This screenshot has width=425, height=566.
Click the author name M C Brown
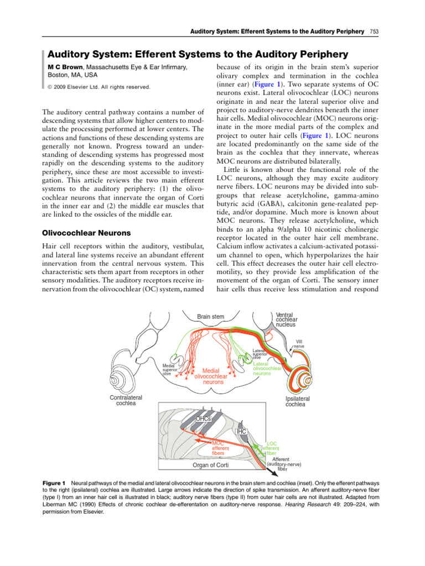(x=63, y=67)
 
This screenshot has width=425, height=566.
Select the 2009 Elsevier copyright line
(x=99, y=87)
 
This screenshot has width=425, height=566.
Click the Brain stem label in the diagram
(x=211, y=317)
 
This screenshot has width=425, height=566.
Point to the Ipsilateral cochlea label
(x=297, y=401)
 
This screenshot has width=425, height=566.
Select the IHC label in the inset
(x=241, y=431)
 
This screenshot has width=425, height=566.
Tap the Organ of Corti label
(x=210, y=465)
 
